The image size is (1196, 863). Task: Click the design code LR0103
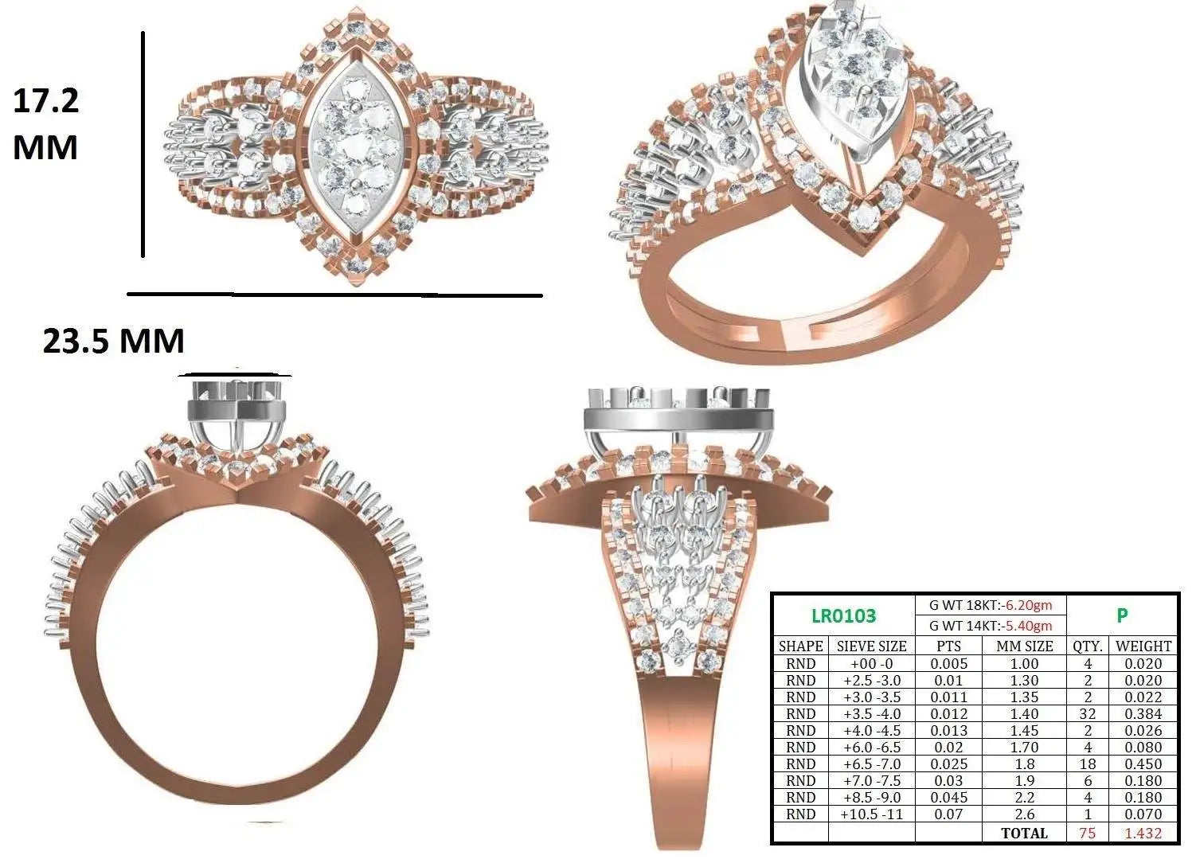843,615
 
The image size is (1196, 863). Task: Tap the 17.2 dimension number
46,101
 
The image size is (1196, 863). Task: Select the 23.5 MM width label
113,341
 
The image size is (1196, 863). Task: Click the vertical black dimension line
143,144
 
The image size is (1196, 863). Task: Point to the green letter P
1122,615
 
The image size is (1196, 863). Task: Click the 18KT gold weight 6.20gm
1029,605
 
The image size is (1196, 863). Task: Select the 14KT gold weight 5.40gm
1029,625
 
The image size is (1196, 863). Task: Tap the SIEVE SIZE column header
871,646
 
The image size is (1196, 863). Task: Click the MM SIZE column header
1024,646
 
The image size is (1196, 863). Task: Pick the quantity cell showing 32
1088,713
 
